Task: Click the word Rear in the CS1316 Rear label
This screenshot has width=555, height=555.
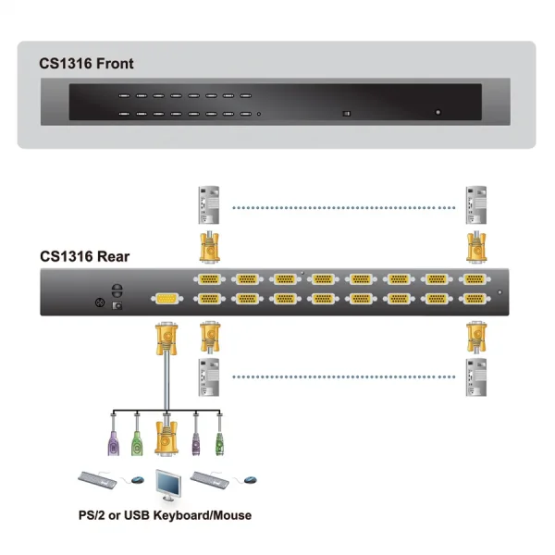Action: pyautogui.click(x=111, y=256)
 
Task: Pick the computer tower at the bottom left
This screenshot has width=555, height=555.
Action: pyautogui.click(x=210, y=376)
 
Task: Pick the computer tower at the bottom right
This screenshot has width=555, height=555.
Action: pyautogui.click(x=476, y=376)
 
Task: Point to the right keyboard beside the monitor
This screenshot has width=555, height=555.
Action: pyautogui.click(x=213, y=478)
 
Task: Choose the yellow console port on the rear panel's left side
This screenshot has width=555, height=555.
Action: pyautogui.click(x=166, y=298)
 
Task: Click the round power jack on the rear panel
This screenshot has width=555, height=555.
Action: pyautogui.click(x=101, y=302)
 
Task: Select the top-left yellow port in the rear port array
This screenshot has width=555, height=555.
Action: pyautogui.click(x=209, y=279)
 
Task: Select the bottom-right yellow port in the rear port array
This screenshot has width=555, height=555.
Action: pyautogui.click(x=475, y=299)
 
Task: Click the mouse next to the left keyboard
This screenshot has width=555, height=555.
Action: pyautogui.click(x=137, y=480)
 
